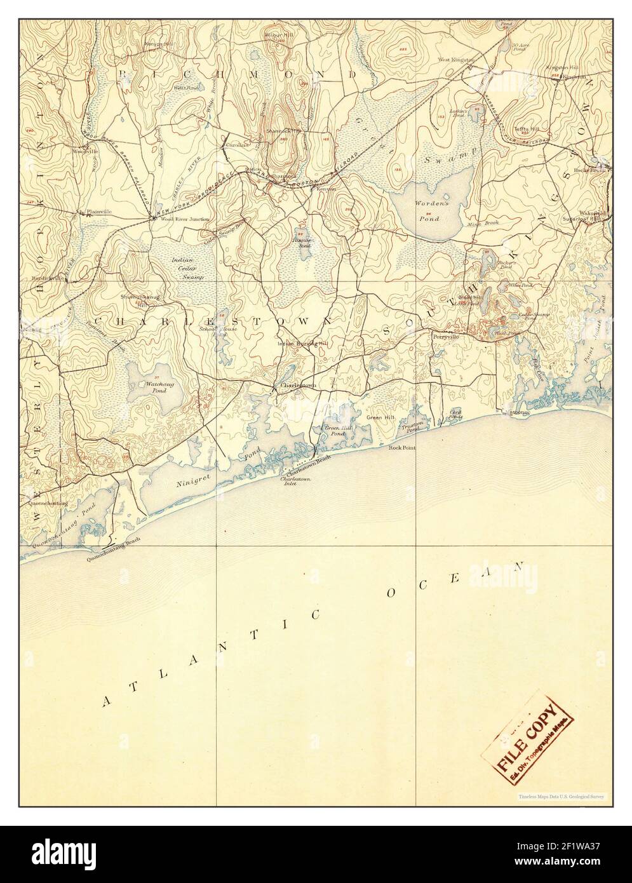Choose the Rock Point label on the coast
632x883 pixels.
coord(402,447)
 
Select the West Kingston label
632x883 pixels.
coord(455,60)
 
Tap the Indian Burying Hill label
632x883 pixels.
coord(303,344)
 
